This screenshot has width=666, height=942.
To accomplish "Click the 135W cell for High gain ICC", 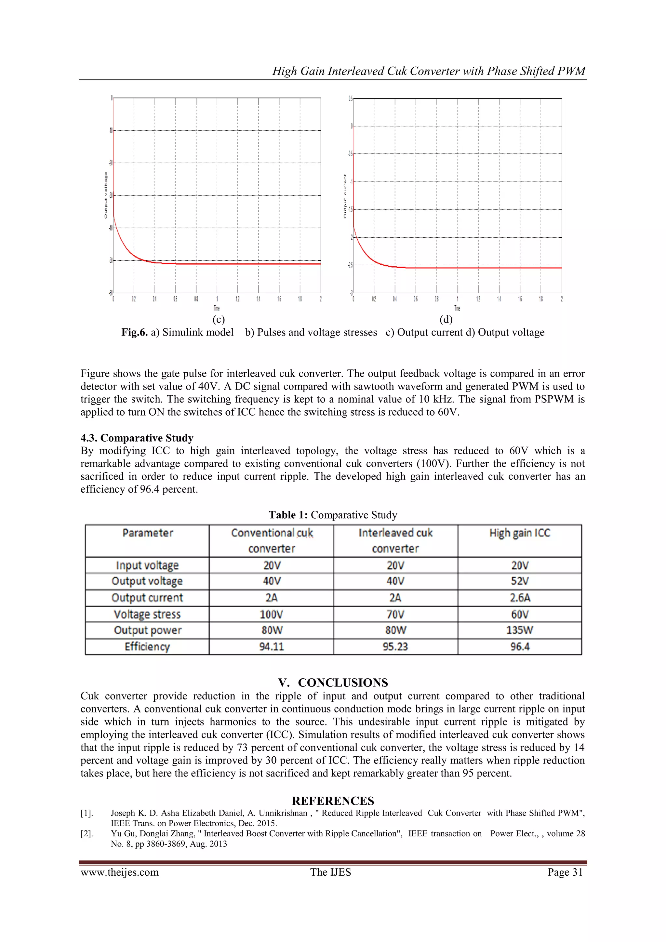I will (520, 630).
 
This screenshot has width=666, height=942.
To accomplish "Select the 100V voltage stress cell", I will (271, 614).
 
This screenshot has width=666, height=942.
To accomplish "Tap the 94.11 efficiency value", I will (271, 647).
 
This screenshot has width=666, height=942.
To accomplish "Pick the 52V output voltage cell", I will (520, 581).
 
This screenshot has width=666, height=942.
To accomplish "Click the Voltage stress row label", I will (147, 614).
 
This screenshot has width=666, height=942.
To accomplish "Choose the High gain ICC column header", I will (520, 533).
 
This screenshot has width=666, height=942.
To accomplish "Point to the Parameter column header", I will (147, 533).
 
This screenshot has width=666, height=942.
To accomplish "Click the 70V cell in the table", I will (395, 614).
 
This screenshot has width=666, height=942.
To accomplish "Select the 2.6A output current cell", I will (520, 598).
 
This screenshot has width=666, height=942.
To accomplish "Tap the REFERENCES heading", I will (333, 801).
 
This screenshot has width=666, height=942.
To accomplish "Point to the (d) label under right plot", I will (446, 319).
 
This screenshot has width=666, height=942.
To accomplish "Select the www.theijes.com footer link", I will (119, 872).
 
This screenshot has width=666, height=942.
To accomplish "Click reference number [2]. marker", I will (87, 833).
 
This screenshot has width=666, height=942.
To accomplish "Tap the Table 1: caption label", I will (288, 515).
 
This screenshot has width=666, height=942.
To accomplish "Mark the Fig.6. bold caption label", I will (134, 332).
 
